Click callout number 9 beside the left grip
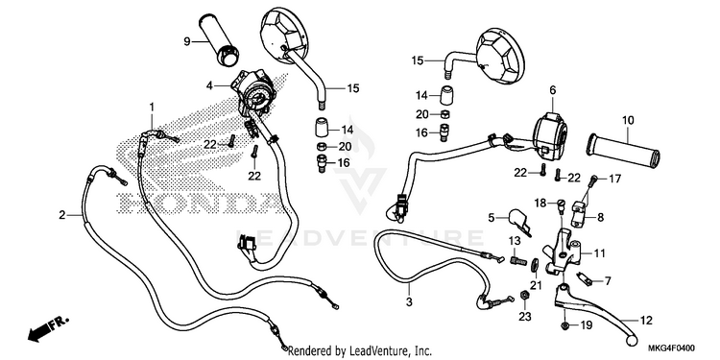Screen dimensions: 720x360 tap(187, 42)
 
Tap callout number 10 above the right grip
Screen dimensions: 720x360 tap(628, 121)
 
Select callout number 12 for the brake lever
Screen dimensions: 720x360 tap(646, 321)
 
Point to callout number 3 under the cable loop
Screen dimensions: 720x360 tap(409, 302)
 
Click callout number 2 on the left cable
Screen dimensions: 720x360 tap(62, 214)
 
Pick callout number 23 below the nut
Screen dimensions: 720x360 tap(525, 317)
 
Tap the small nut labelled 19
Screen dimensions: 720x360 tap(565, 325)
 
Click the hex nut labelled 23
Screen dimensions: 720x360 tap(524, 296)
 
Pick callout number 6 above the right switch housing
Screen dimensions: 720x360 tap(552, 90)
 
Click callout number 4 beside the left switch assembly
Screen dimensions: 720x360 tap(209, 85)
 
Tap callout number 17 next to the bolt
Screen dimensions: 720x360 tap(614, 178)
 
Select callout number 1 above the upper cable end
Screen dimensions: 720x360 tap(152, 107)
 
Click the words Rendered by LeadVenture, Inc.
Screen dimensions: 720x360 tap(360, 351)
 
